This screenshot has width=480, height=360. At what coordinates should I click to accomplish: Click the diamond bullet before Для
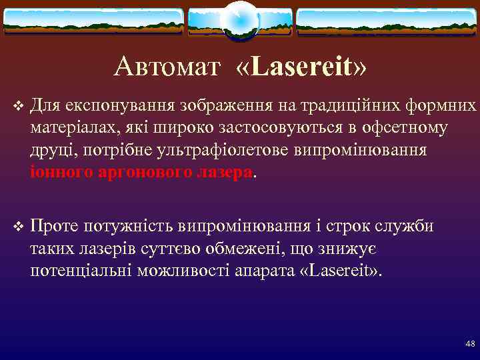pos(17,106)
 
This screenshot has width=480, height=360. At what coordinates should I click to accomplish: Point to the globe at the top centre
pos(239,20)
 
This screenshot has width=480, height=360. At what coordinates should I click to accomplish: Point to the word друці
pos(49,151)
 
